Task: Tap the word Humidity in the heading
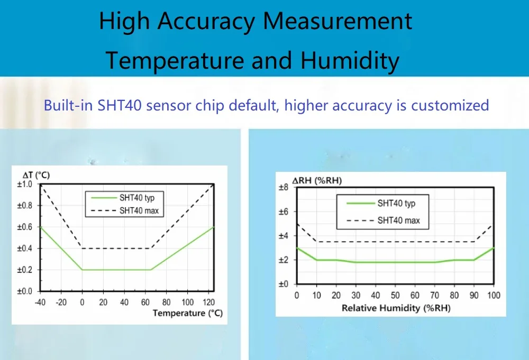(x=350, y=61)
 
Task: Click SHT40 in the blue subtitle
(x=120, y=105)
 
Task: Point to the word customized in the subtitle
(x=450, y=105)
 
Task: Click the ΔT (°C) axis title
(x=36, y=175)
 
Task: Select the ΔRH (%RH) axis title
(x=317, y=181)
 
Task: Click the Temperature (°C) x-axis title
(x=188, y=313)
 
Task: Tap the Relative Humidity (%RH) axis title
(x=396, y=308)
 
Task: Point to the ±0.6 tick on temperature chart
(x=25, y=227)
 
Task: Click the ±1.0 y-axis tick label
(x=25, y=184)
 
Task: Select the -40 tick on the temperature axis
(x=40, y=302)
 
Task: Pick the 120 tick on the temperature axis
(x=208, y=302)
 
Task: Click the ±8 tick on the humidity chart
(x=284, y=188)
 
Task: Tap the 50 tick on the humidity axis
(x=395, y=296)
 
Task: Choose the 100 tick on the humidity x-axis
(x=494, y=296)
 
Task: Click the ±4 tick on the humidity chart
(x=284, y=236)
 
